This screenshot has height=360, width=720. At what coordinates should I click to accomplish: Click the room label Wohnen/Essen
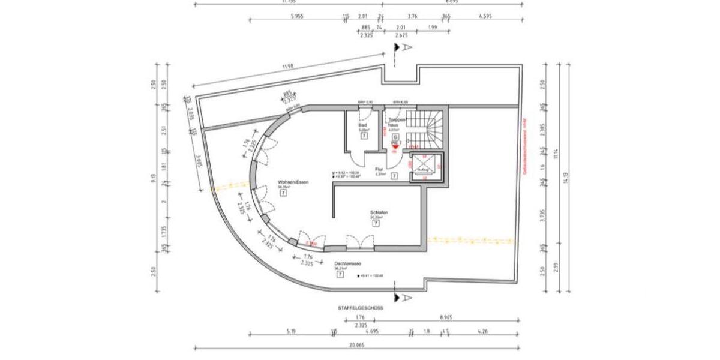[x=293, y=181]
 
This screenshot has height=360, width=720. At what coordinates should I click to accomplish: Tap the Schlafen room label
[x=379, y=213]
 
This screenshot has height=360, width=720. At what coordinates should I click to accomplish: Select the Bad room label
[x=362, y=125]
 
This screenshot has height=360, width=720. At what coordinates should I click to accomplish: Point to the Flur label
[x=379, y=169]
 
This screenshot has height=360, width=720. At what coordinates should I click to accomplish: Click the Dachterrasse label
[x=347, y=263]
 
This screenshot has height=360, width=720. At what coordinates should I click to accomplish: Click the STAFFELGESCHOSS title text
[x=360, y=307]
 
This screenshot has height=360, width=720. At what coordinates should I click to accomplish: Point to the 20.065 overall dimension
[x=357, y=355]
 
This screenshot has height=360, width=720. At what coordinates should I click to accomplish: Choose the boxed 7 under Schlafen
[x=376, y=223]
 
